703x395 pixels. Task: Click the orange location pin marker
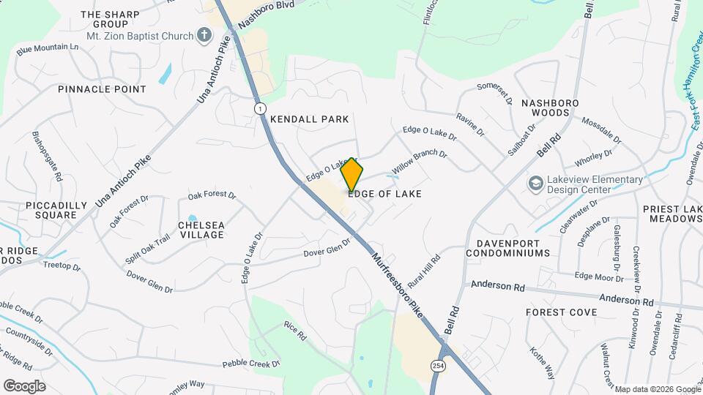352,174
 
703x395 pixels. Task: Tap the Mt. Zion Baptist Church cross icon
204,35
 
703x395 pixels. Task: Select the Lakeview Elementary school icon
535,183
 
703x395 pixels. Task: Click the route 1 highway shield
260,108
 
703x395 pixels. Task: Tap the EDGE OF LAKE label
384,194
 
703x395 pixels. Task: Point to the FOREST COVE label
562,312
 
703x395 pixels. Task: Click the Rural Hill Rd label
425,269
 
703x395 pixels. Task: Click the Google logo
24,385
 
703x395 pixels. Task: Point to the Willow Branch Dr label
419,162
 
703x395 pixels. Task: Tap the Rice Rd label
294,332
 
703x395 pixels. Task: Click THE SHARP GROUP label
110,19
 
